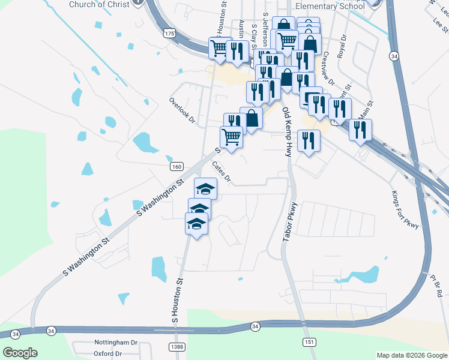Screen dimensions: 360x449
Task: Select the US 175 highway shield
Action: [170, 34]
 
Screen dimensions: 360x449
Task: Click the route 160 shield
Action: [176, 166]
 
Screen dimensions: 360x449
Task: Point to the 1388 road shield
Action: [176, 347]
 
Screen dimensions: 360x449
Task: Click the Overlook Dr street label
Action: [182, 110]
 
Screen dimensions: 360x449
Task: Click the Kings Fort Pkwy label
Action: [403, 209]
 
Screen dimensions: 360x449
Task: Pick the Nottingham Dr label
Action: [116, 342]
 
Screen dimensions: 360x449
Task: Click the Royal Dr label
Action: [342, 46]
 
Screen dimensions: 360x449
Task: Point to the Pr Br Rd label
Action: [436, 286]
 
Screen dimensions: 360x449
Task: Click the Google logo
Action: [20, 353]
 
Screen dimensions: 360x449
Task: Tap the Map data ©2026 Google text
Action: [411, 355]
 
